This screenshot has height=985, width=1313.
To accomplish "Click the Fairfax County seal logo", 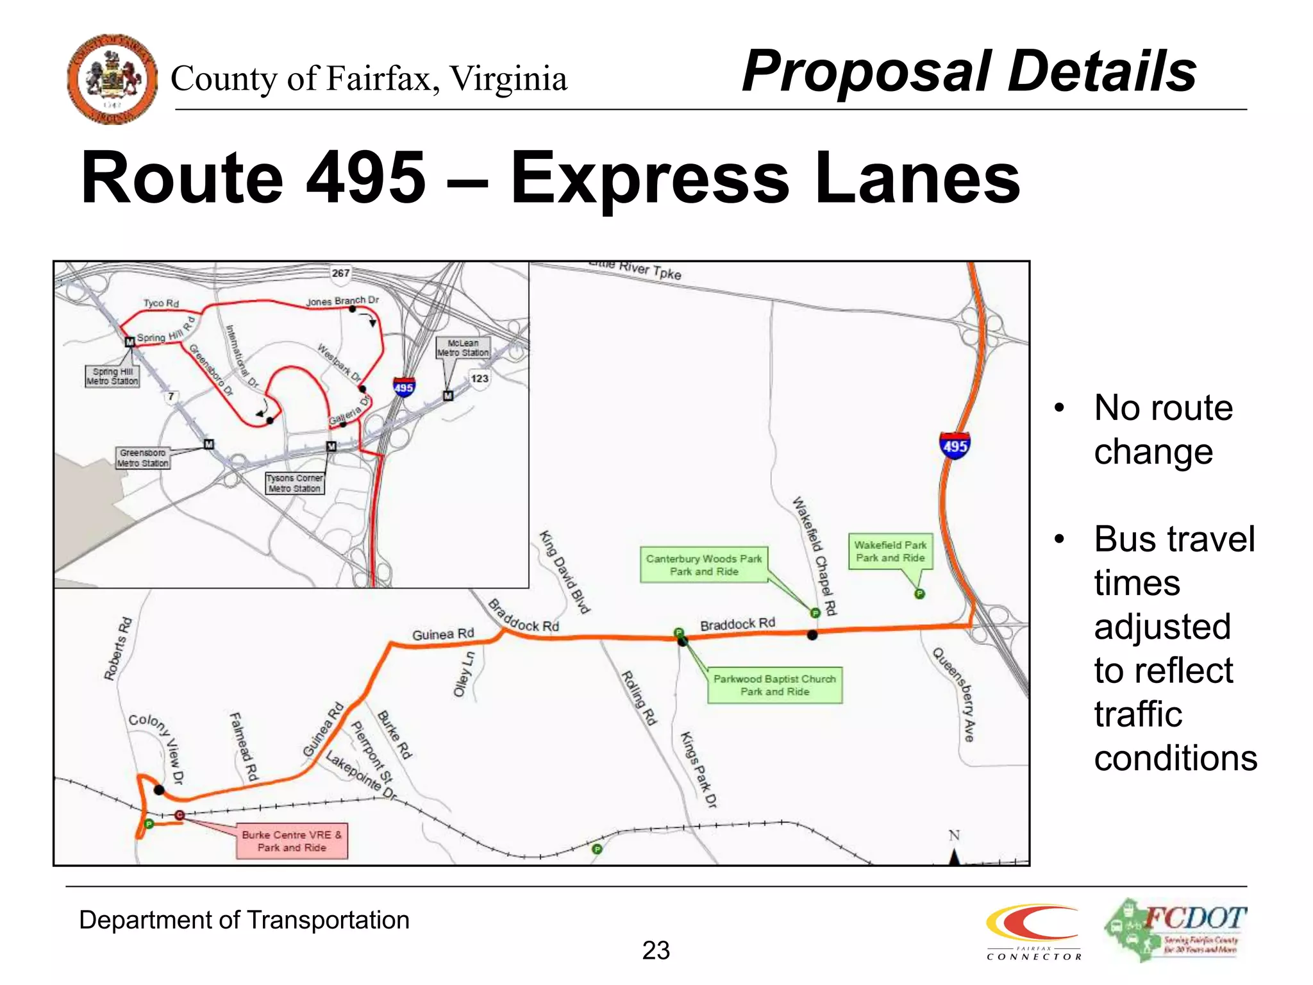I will tap(112, 79).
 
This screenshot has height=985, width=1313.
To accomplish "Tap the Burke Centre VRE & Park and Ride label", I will tap(292, 841).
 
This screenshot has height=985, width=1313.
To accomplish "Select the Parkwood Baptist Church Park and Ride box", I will tap(774, 685).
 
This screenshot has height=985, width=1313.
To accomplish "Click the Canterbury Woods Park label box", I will tap(704, 565).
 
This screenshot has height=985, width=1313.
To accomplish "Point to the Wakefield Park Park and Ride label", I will tap(890, 551).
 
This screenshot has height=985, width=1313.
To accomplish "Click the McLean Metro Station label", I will tap(463, 348).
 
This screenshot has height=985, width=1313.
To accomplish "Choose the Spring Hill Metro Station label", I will tap(112, 376).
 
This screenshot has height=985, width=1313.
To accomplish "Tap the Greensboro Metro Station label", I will tap(143, 458).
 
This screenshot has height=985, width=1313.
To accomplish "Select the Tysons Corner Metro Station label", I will tap(295, 484).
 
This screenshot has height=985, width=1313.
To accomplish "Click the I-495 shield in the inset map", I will tap(404, 387).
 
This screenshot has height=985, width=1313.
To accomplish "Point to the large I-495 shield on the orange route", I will tap(955, 445).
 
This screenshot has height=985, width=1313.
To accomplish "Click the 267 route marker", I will tap(340, 273).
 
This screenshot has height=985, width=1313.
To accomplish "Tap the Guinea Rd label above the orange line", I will tap(443, 634).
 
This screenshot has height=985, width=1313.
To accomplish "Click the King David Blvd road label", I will tap(564, 572).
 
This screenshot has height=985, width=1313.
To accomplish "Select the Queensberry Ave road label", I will tap(954, 694).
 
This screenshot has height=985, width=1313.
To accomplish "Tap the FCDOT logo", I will tap(1175, 930).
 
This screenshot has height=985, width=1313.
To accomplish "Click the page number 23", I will tap(656, 950).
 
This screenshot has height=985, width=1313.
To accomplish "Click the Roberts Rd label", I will tap(118, 648).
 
